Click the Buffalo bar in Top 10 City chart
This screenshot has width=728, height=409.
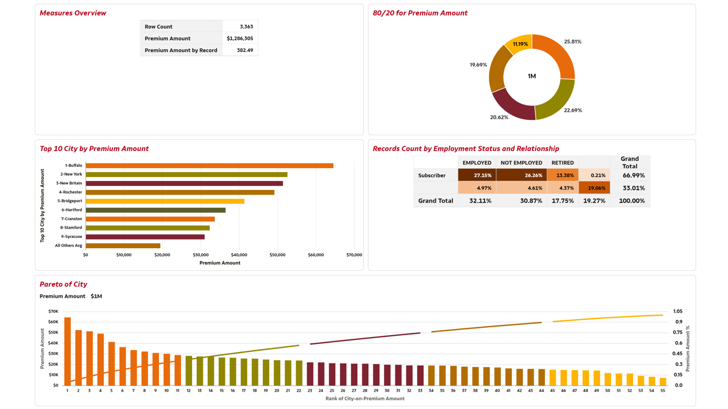(209, 166)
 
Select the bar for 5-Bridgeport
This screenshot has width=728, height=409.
(165, 201)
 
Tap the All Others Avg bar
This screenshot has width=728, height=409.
(123, 246)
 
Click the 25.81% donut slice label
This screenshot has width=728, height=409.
(572, 42)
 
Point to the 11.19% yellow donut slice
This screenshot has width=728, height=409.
(519, 44)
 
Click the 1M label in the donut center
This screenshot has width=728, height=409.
(531, 76)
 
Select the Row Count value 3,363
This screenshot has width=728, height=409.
(246, 26)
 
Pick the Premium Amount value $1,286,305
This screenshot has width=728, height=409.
(240, 39)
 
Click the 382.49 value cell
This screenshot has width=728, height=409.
(245, 50)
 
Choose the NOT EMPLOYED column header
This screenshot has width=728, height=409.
(521, 163)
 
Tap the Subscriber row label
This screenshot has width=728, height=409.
(432, 176)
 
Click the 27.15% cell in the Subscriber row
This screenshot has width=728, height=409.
(477, 176)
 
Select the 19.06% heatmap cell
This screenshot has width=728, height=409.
(594, 188)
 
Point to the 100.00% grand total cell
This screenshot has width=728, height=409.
(632, 201)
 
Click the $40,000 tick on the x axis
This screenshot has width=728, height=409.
(239, 255)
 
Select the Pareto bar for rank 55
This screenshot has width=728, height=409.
(663, 381)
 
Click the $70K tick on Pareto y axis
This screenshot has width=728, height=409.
(53, 312)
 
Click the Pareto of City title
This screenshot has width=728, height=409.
(63, 285)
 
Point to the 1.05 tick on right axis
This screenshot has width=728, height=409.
(678, 312)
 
